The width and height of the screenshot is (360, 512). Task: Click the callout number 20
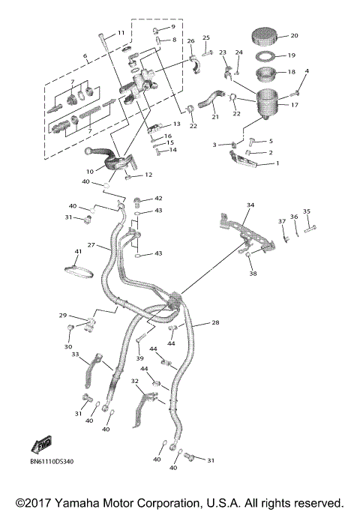(x=294, y=35)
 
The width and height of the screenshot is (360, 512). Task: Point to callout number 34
(x=250, y=205)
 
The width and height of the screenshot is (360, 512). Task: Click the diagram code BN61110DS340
(x=52, y=460)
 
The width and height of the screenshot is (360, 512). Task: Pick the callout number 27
(x=90, y=245)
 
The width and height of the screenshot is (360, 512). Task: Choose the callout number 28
(x=215, y=322)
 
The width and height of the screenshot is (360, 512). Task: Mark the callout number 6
(x=85, y=56)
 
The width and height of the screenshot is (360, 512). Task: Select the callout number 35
(x=306, y=211)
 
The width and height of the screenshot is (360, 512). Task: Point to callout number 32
(x=134, y=382)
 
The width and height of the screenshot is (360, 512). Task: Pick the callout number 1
(x=277, y=163)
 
